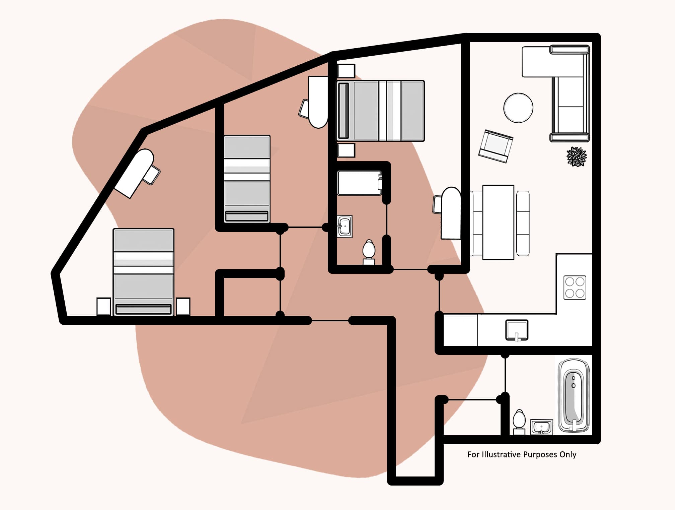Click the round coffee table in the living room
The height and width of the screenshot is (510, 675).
[x=518, y=108]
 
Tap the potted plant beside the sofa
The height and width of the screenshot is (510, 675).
[x=576, y=156]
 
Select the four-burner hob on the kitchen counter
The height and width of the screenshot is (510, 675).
[x=575, y=288]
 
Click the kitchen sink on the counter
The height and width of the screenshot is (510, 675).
[x=517, y=330]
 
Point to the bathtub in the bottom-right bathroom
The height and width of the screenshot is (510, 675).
[x=574, y=396]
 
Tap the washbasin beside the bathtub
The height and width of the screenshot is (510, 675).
[x=541, y=427]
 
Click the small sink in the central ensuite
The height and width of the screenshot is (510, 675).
[x=345, y=226]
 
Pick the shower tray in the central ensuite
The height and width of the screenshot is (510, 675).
[x=359, y=183]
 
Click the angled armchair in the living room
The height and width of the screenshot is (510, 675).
[x=496, y=146]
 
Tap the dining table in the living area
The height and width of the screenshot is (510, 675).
[x=498, y=222]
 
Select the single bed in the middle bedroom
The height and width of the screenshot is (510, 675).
[x=247, y=178]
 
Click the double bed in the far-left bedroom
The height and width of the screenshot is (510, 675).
[x=143, y=271]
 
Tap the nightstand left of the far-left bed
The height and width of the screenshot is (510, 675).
[x=104, y=306]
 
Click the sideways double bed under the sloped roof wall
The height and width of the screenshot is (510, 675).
[x=381, y=111]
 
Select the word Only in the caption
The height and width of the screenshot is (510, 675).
[x=568, y=455]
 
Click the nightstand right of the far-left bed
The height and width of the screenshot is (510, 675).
[x=183, y=306]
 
